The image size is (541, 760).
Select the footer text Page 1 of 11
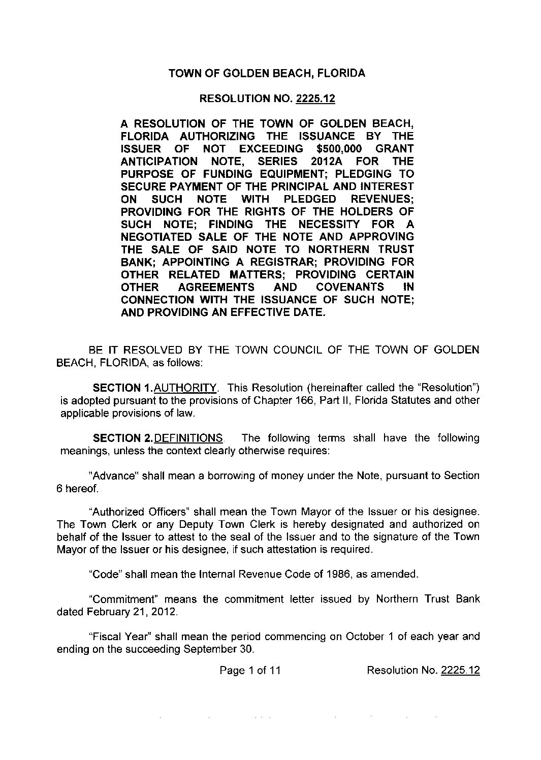point(250,671)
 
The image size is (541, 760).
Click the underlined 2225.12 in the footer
point(460,671)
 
